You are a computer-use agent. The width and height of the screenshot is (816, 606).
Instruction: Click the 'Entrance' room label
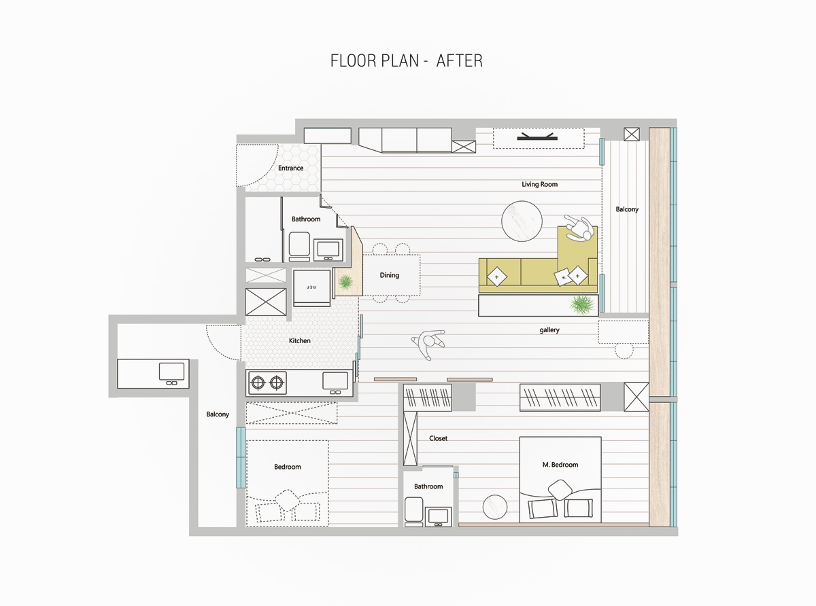coord(290,168)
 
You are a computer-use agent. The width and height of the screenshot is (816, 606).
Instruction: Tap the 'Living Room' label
coord(539,184)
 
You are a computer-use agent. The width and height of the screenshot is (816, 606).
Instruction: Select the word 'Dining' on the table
coord(389,275)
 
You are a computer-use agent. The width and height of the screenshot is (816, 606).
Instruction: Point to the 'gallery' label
coord(549,330)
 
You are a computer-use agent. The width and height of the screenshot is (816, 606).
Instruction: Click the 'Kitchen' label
coord(299,340)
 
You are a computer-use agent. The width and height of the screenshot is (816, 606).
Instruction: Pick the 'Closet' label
coord(438,438)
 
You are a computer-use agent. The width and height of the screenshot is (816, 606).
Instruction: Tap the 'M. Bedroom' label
coord(560,465)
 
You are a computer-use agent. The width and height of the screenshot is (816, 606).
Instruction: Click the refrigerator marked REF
coord(311,287)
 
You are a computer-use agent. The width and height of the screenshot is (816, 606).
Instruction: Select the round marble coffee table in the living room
coord(522,221)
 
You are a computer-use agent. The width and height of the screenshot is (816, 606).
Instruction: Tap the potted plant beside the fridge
coord(345,282)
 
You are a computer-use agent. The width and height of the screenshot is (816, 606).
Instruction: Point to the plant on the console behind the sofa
coord(581,305)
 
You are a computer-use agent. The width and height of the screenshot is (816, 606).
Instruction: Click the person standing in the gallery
coord(428,344)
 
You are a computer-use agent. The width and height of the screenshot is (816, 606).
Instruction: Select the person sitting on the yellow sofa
coord(579,228)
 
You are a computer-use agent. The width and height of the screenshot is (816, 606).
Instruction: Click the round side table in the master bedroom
coord(495,507)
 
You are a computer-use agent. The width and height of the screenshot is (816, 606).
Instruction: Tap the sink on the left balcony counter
coord(171,373)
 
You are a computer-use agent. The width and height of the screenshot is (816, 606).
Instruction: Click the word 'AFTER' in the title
coord(459,60)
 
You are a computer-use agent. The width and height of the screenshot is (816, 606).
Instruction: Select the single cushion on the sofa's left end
coord(496,277)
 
